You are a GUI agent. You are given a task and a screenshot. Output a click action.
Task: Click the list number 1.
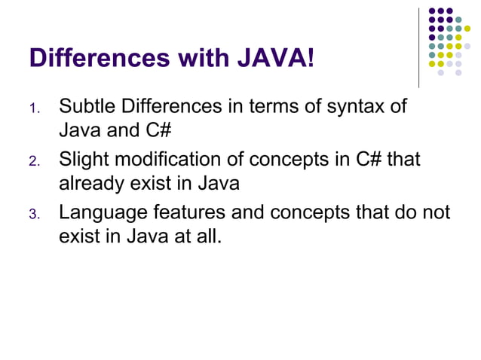click(x=33, y=109)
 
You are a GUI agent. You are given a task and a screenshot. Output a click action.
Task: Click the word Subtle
click(x=84, y=106)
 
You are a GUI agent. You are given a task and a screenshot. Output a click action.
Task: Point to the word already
click(x=90, y=183)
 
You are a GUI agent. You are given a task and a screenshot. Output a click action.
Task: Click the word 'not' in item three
click(x=436, y=213)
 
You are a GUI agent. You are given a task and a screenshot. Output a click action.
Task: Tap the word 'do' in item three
click(x=404, y=213)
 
